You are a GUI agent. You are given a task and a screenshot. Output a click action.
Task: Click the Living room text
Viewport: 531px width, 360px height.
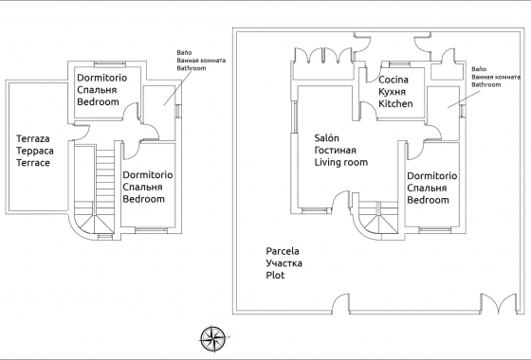click(341, 162)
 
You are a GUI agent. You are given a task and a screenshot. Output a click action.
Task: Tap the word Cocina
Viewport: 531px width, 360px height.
click(394, 81)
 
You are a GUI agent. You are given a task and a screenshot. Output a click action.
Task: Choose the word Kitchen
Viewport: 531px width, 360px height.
click(395, 105)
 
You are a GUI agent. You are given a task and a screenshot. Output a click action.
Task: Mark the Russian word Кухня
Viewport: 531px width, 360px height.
click(393, 94)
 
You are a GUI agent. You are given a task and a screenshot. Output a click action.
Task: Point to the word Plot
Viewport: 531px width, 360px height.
click(276, 275)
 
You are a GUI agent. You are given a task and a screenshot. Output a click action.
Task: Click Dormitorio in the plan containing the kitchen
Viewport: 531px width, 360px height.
click(431, 176)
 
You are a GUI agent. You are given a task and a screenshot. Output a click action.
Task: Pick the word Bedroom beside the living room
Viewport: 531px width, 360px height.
click(428, 200)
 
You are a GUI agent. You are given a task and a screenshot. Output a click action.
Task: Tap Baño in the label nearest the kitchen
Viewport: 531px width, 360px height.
click(479, 69)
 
